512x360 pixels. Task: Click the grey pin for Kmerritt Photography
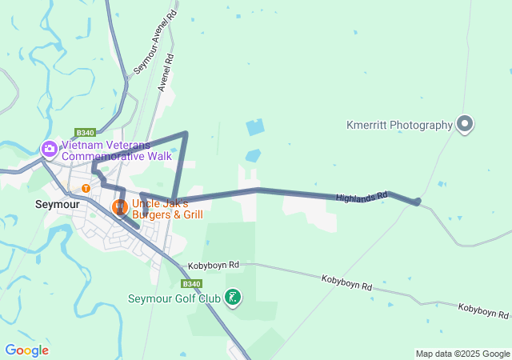(x=465, y=124)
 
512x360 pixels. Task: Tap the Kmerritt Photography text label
(x=399, y=125)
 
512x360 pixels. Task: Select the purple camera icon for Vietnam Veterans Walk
(x=49, y=148)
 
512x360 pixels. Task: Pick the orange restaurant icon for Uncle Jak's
(x=119, y=208)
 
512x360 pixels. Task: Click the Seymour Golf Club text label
(x=174, y=299)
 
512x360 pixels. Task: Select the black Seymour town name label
(x=56, y=204)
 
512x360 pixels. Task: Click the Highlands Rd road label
(x=362, y=196)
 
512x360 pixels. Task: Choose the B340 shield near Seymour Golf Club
(x=191, y=283)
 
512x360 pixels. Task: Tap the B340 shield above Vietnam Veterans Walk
(x=86, y=133)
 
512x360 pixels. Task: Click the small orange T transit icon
(x=86, y=189)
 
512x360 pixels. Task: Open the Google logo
(x=26, y=350)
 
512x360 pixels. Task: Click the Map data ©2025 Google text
(x=462, y=354)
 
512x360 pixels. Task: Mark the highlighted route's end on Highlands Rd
(x=418, y=202)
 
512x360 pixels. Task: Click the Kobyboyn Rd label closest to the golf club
(x=214, y=265)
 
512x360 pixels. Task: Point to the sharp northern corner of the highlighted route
(x=186, y=133)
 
